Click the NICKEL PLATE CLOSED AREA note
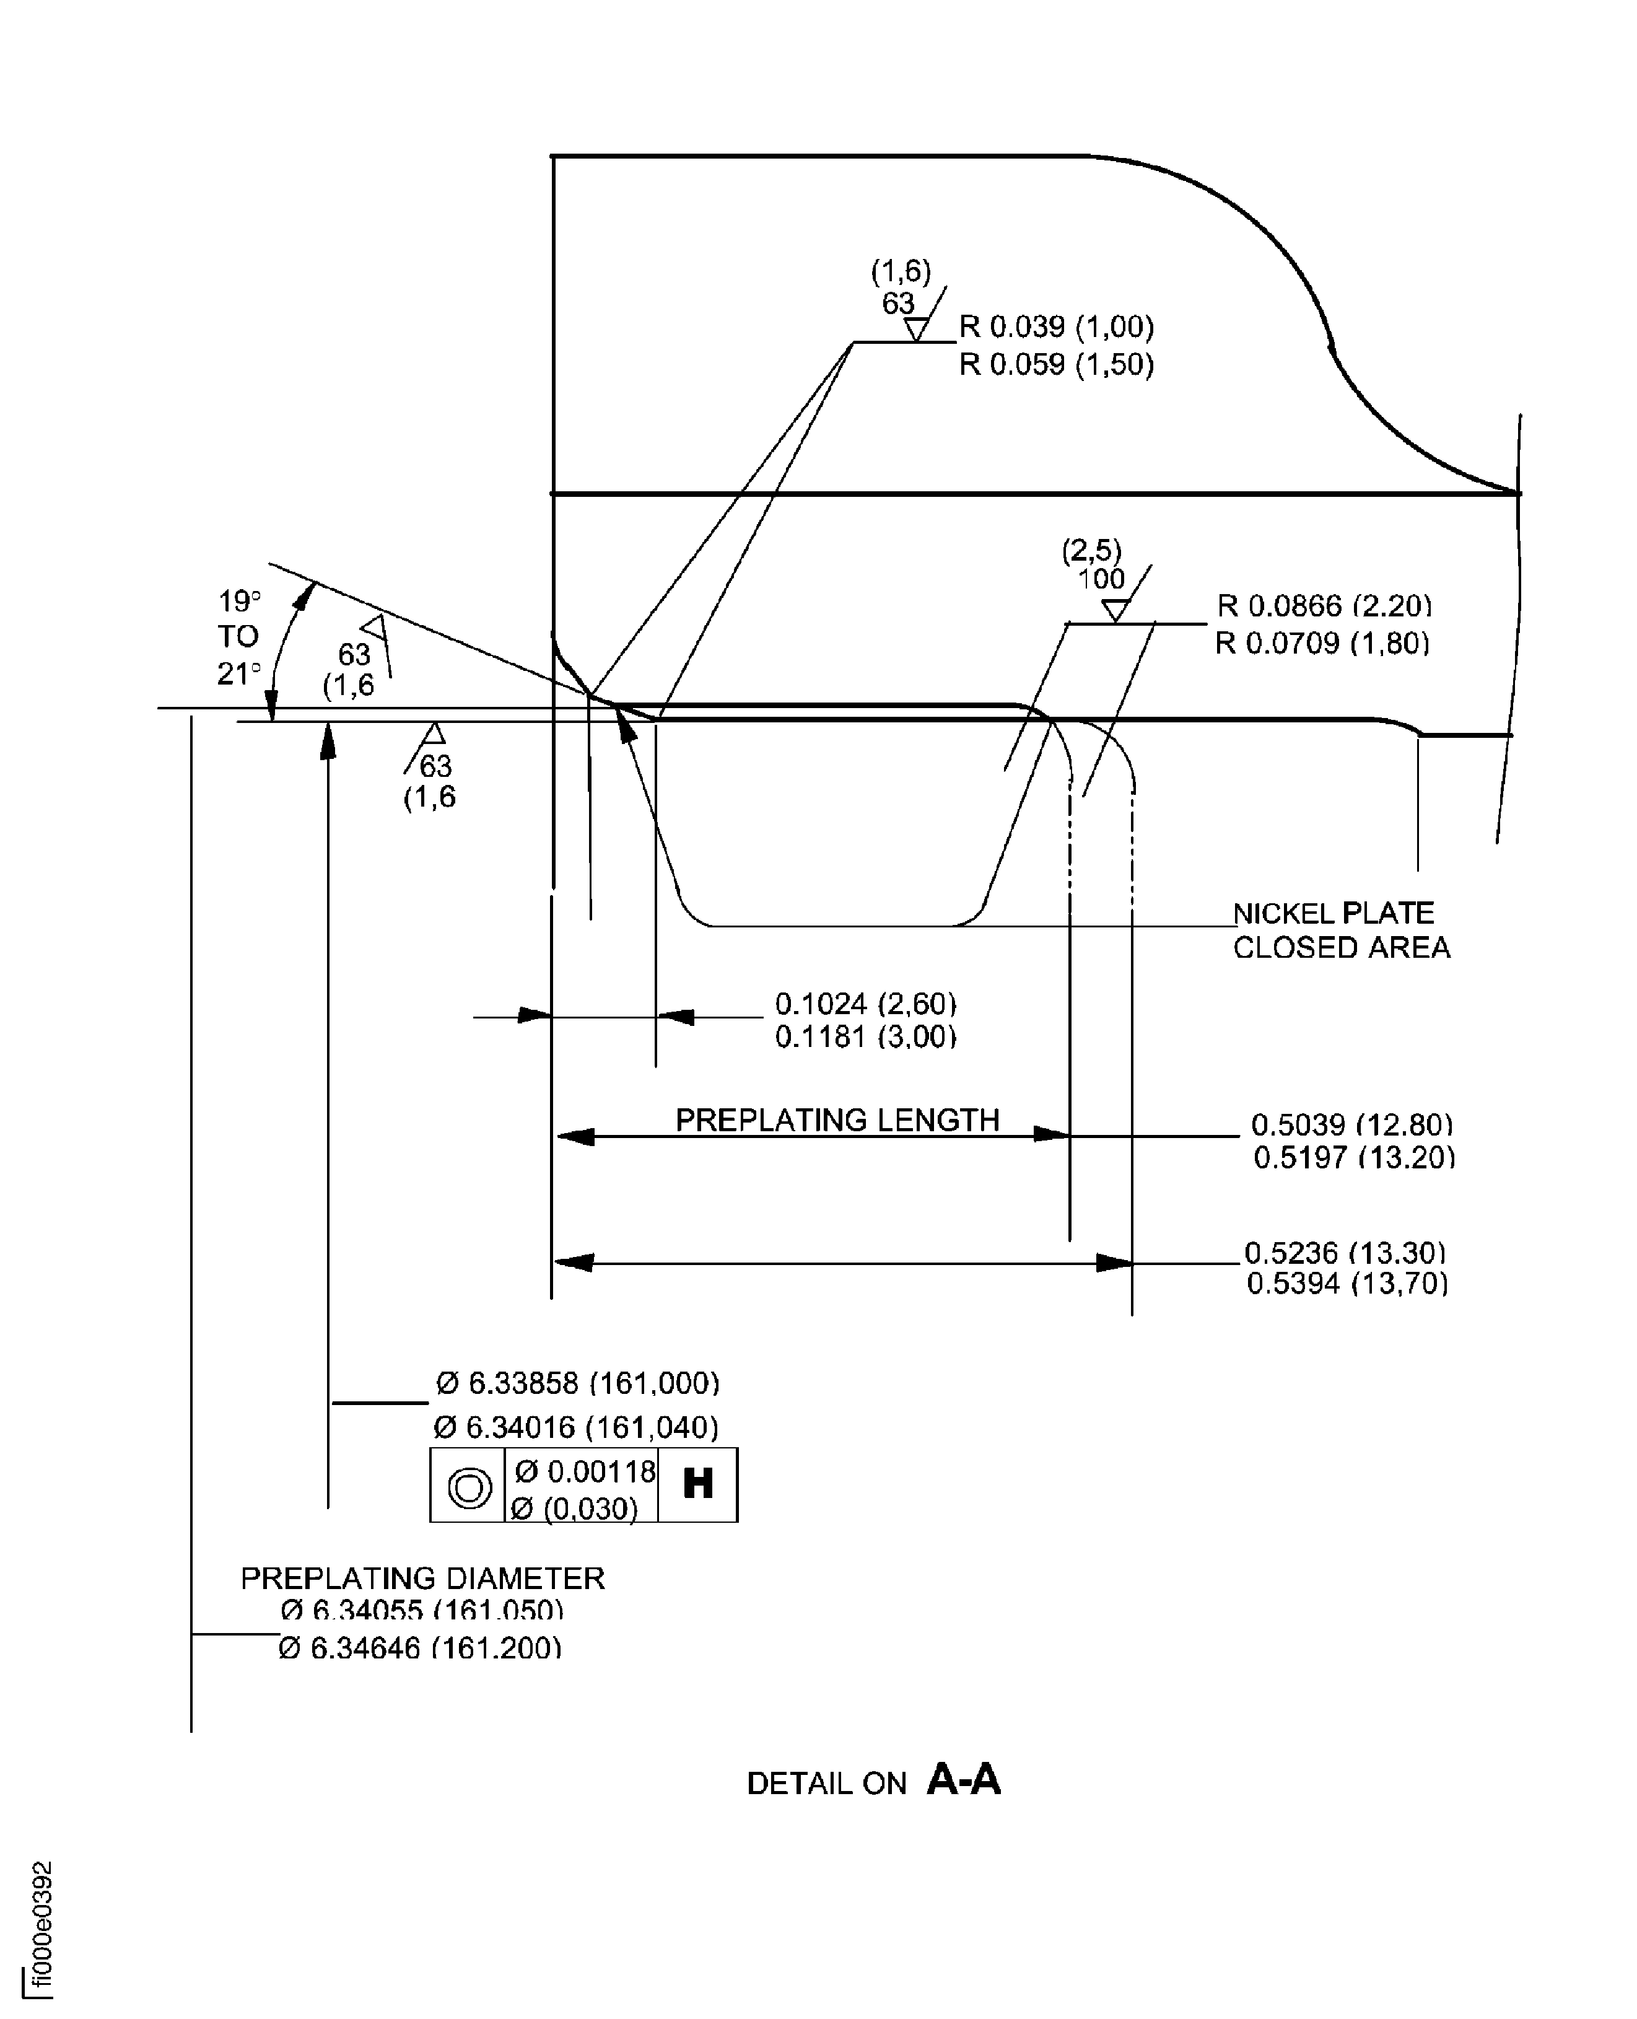click(x=1340, y=930)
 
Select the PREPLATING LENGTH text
click(x=836, y=1119)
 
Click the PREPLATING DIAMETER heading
click(x=422, y=1578)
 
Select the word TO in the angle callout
click(x=238, y=637)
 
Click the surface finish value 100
click(x=1101, y=579)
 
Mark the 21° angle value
click(x=238, y=673)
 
